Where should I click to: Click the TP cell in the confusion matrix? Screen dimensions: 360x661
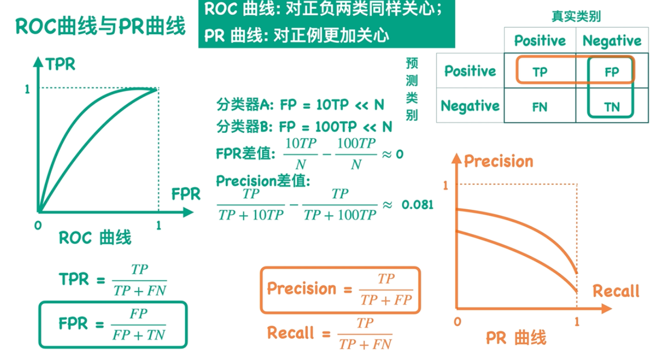tap(540, 72)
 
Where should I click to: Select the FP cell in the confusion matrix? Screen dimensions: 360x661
tap(611, 72)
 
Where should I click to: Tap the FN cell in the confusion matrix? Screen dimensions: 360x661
tap(540, 107)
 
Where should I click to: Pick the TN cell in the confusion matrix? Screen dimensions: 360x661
tap(612, 107)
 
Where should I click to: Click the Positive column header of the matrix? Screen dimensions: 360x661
tap(540, 41)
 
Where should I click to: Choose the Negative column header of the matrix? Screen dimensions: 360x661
tap(612, 41)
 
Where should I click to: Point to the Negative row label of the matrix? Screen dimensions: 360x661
tap(470, 105)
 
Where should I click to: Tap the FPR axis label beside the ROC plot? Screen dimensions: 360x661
tap(186, 194)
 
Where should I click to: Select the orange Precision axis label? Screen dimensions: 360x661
tap(498, 161)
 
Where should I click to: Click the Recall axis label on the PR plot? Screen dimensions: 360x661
tap(616, 291)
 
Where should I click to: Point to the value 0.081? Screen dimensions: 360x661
tap(417, 204)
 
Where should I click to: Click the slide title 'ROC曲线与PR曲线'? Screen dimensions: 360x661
tap(100, 25)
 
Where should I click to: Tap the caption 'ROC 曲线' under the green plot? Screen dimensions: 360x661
tap(95, 238)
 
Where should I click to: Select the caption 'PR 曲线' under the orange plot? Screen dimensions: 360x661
tap(515, 339)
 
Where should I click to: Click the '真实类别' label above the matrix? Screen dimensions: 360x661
tap(576, 17)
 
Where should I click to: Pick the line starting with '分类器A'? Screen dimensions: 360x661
tap(300, 104)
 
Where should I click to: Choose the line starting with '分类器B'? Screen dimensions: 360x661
tap(304, 127)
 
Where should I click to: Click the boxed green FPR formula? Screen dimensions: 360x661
tap(113, 324)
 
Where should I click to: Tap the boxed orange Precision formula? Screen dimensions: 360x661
tap(340, 290)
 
